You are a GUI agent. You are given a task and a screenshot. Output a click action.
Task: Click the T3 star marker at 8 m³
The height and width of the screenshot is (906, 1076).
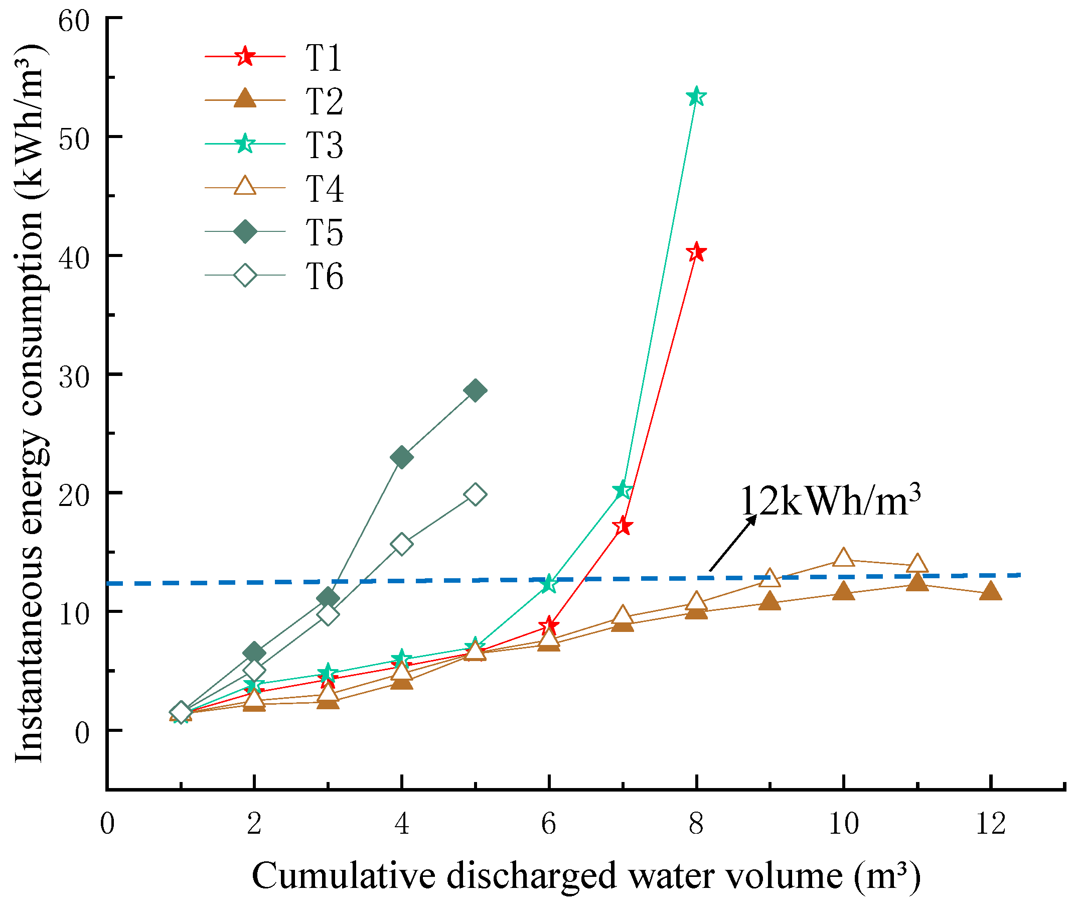[x=696, y=96]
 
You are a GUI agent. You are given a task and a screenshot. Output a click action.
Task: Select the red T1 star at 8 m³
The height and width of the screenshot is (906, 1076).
[x=696, y=252]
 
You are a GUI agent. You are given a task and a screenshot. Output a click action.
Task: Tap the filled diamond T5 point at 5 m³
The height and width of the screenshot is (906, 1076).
[x=475, y=391]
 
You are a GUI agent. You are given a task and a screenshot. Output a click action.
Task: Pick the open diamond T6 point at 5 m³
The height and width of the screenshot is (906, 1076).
[x=475, y=494]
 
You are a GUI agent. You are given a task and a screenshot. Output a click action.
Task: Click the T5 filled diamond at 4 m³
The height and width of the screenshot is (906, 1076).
[x=401, y=457]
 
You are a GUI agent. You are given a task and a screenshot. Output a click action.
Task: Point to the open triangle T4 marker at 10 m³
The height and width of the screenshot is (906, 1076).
[x=843, y=558]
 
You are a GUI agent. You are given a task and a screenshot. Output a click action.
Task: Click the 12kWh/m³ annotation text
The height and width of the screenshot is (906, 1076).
[x=830, y=501]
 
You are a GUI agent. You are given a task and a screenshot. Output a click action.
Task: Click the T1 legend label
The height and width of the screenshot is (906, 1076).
[x=324, y=58]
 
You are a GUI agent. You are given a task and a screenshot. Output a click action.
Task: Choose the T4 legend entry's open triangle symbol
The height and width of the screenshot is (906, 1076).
[x=245, y=186]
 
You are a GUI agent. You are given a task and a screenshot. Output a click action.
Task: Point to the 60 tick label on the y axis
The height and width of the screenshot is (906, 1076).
[x=74, y=22]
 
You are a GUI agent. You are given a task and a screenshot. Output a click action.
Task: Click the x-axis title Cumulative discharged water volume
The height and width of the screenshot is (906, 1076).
[x=585, y=876]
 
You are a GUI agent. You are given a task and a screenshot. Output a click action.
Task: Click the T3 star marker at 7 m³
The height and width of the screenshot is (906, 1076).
[x=622, y=490]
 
